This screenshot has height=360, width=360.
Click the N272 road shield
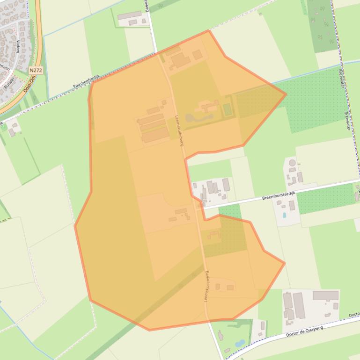click(36, 71)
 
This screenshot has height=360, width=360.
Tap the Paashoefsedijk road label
click(87, 82)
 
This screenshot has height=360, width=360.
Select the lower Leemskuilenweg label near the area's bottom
click(206, 286)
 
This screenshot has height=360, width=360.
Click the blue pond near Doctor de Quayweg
click(240, 343)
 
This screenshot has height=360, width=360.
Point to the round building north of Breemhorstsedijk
click(293, 163)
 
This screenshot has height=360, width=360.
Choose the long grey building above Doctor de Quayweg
click(325, 295)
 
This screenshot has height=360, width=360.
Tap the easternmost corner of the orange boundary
click(286, 94)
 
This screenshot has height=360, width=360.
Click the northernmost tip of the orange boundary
click(208, 31)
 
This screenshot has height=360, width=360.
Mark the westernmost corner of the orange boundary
click(75, 226)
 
